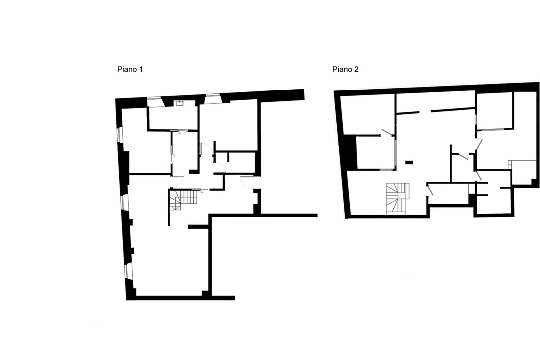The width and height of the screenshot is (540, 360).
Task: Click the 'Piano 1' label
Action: [x=130, y=70]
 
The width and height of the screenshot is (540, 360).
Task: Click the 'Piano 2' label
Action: [x=345, y=70]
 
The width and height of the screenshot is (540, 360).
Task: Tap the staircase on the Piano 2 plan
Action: [x=397, y=198]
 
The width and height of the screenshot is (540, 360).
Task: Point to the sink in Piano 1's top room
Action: [x=180, y=103]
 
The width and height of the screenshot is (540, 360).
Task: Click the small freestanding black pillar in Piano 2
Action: [x=409, y=162]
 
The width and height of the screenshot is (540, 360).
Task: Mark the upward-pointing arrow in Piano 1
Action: [x=174, y=156]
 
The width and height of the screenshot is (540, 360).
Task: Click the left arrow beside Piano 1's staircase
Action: [x=202, y=190]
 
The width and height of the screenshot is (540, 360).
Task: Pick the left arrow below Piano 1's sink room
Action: [x=180, y=133]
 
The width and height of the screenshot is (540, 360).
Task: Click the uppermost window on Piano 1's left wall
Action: [x=119, y=135]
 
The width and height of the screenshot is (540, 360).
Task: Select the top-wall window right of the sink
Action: [x=213, y=98]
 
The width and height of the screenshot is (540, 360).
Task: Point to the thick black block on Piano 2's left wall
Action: [x=352, y=151]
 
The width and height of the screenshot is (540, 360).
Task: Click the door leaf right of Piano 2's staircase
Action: [x=430, y=190]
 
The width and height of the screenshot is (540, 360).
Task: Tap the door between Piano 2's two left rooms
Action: [x=386, y=132]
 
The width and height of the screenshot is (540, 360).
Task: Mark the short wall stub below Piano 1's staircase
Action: [x=198, y=227]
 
